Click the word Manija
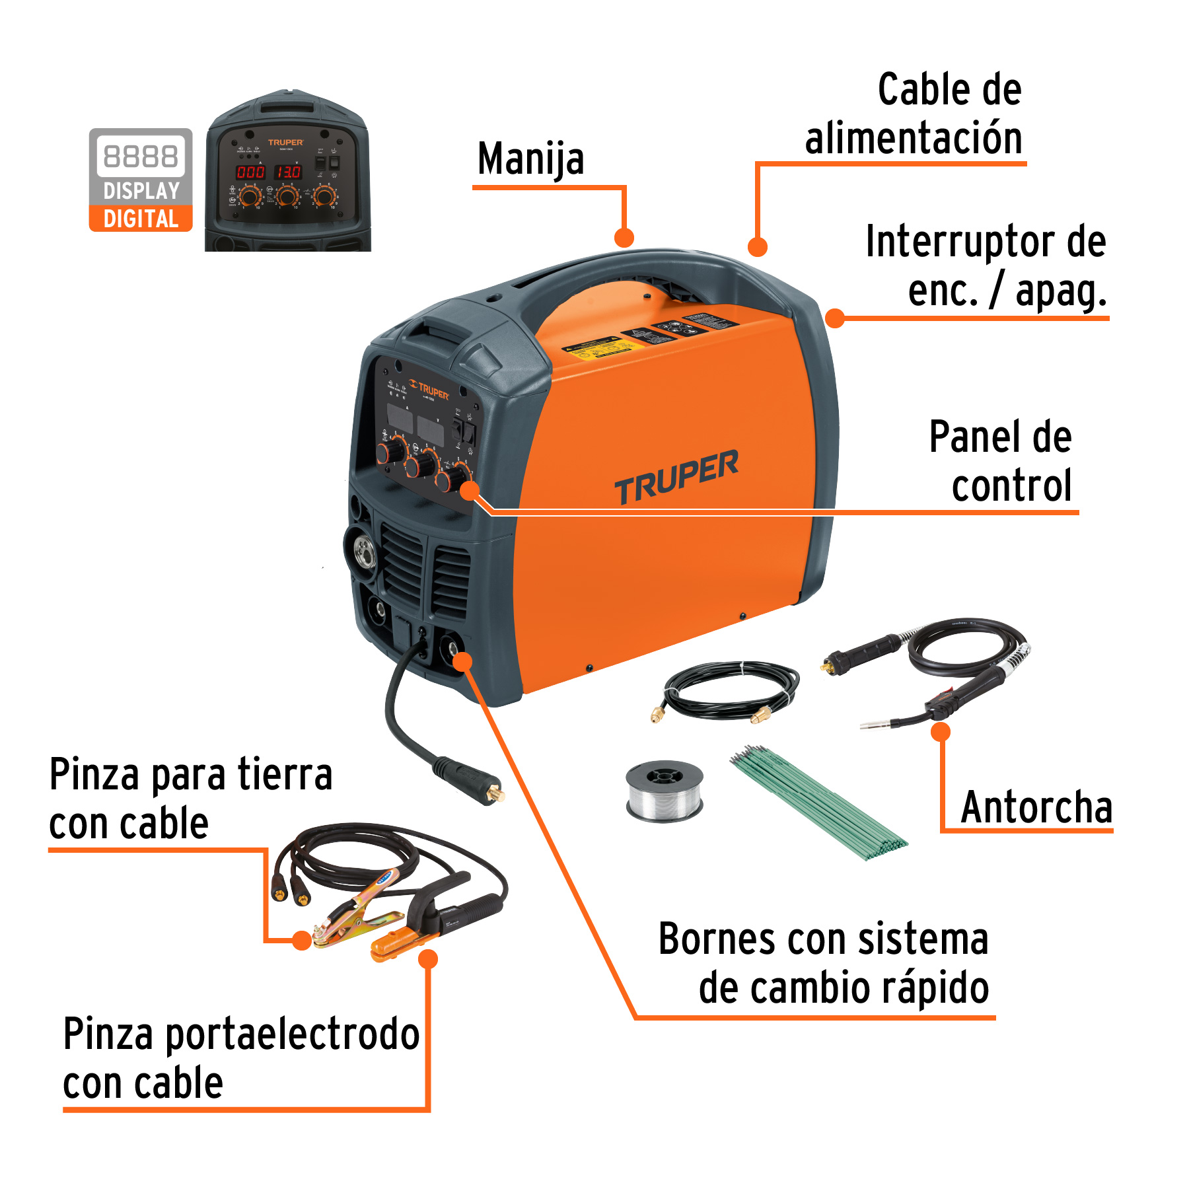[530, 159]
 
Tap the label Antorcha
[1036, 807]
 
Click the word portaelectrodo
[292, 1034]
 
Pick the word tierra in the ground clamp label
[285, 774]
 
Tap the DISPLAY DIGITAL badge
[141, 180]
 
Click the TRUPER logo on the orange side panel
[676, 476]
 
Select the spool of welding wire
[665, 791]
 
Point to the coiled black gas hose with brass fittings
[730, 690]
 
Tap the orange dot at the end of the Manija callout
[624, 238]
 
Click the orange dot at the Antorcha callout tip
[941, 732]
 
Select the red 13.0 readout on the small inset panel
[289, 172]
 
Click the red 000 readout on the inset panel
[250, 172]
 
